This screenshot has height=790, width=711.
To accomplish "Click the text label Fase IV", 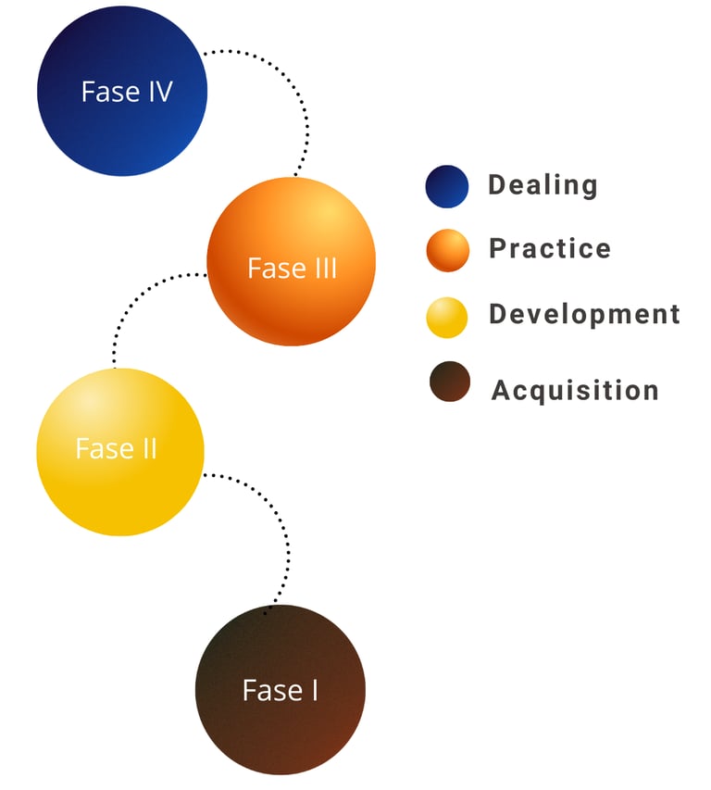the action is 127,92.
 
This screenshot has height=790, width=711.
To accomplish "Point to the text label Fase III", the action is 292,269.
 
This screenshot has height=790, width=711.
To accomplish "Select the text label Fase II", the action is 116,449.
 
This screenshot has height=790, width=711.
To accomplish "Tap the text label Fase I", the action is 280,691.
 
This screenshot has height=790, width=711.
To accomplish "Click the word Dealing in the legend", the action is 543,185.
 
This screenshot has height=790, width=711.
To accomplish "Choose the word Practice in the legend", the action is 550,249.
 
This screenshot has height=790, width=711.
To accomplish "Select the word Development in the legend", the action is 584,314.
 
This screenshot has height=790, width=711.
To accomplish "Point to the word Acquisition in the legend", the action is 575,390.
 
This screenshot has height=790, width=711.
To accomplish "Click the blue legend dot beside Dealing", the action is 447,186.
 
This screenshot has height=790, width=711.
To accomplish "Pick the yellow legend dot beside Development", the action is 447,316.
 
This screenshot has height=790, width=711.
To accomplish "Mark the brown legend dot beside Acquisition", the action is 450,382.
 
